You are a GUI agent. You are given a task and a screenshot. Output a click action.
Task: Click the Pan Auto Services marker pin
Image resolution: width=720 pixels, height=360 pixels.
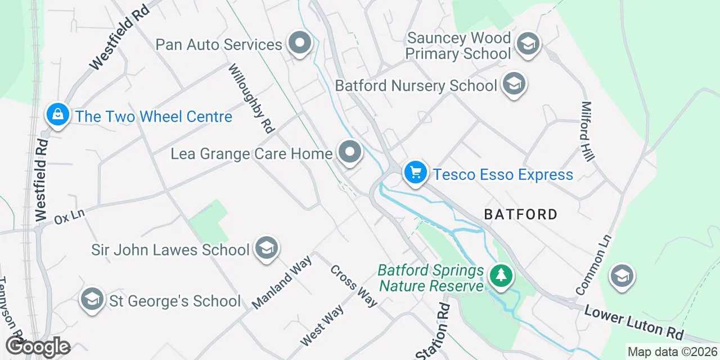[300, 43]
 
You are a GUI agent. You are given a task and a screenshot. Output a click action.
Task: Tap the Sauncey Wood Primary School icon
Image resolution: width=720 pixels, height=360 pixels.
[528, 43]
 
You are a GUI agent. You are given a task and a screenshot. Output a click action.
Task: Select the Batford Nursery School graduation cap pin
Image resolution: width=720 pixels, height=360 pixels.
[513, 84]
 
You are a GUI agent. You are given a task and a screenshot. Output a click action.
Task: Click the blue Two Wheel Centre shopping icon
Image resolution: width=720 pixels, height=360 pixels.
[57, 115]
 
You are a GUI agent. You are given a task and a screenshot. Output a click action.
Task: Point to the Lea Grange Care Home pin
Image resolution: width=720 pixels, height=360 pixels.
[350, 152]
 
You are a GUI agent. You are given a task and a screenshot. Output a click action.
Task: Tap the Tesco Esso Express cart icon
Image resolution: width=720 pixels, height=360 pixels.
[415, 172]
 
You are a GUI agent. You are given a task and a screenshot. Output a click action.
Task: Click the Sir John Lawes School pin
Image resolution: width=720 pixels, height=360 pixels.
[266, 248]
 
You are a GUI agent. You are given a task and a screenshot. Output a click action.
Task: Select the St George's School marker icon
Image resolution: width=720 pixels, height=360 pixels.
[92, 299]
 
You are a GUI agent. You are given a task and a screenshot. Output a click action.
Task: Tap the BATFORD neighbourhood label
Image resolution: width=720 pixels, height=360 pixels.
[521, 214]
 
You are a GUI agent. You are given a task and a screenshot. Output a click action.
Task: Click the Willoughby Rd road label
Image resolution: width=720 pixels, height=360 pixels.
[251, 98]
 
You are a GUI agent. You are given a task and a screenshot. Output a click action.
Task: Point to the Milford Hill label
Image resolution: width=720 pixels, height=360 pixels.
[588, 130]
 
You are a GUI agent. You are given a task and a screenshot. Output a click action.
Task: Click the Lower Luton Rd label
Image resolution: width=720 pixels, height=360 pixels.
[634, 323]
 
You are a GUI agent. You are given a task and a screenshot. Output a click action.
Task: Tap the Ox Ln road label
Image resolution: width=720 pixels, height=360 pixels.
[69, 216]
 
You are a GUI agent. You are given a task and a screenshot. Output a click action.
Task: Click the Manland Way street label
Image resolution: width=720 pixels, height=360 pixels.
[282, 282]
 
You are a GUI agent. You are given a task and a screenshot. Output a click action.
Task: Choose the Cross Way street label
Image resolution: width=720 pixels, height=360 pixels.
[353, 286]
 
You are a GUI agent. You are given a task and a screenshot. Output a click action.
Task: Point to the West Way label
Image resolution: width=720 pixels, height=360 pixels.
[322, 326]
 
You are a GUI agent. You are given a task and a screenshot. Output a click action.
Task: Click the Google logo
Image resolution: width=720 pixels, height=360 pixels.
[38, 346]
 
